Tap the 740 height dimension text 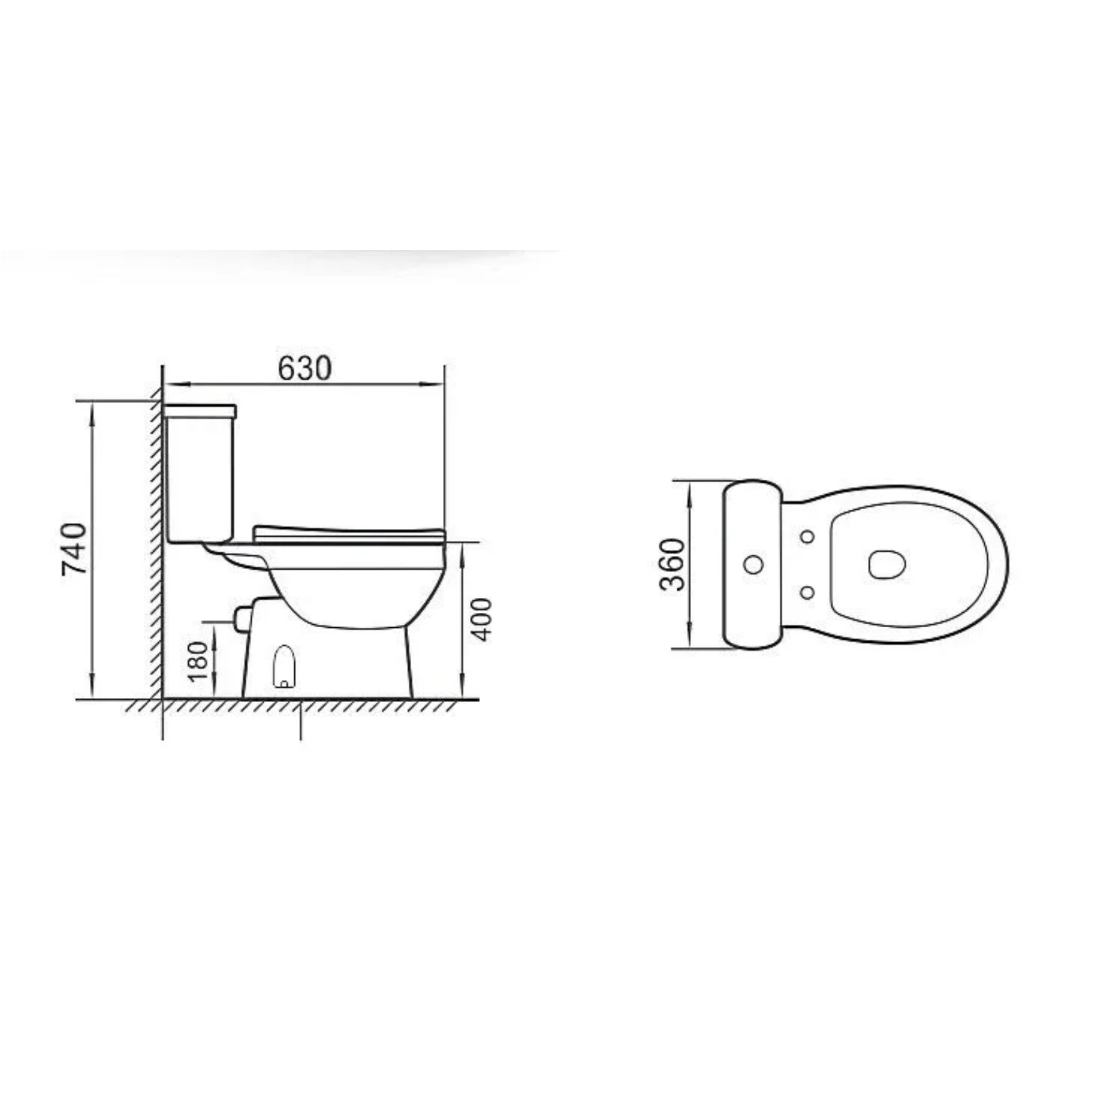pyautogui.click(x=73, y=549)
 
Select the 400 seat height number pyautogui.click(x=481, y=619)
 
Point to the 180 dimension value pyautogui.click(x=197, y=662)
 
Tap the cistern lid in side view pyautogui.click(x=199, y=410)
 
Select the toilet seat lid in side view pyautogui.click(x=349, y=534)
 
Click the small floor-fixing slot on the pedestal pyautogui.click(x=284, y=666)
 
